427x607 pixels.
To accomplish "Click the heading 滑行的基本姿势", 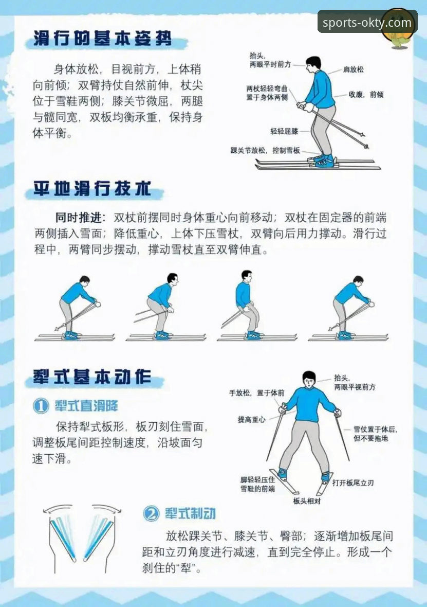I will point(102,39).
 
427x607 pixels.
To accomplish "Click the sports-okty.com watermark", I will point(367,23).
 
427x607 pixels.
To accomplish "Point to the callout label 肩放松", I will point(353,69).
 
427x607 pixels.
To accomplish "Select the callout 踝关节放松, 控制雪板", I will point(265,151).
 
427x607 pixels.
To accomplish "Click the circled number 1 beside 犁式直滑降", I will point(41,406).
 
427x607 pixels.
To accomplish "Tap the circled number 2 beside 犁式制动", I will point(151,513).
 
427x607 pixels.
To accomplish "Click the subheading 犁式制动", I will point(190,513).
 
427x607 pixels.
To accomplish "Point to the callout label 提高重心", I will point(251,419).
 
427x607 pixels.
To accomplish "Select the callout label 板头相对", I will point(306,500).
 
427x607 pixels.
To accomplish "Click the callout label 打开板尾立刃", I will point(352,483).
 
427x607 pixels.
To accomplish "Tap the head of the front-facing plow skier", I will point(308,380).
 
